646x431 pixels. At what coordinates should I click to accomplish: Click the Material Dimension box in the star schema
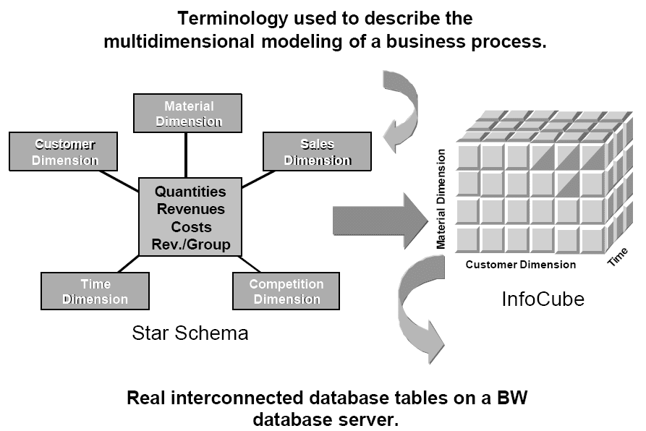pos(188,114)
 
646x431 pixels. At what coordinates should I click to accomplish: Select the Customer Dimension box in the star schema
pos(64,152)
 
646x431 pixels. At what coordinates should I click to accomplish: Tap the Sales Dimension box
pos(317,152)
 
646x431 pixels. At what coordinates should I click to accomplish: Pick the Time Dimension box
pos(95,291)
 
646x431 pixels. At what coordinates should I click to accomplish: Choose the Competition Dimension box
pos(286,291)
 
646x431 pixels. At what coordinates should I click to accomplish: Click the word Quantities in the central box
pos(190,192)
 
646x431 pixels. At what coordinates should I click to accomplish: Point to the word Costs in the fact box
pos(190,227)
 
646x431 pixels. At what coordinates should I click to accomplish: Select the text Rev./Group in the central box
pos(190,244)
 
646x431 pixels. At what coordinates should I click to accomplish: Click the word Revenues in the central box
pos(190,210)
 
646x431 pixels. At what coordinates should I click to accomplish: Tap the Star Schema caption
pos(190,333)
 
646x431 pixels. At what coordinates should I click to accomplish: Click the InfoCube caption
pos(543,299)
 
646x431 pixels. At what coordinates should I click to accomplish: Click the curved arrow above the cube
pos(403,112)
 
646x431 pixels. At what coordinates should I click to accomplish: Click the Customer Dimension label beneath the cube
pos(520,265)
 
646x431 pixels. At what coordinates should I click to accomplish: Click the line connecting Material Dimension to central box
pos(188,154)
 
